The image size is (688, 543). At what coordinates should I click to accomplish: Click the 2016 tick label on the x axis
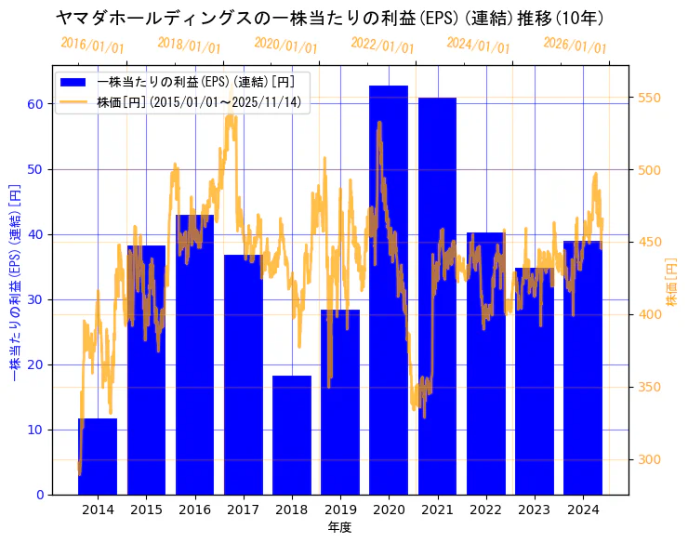[x=194, y=510]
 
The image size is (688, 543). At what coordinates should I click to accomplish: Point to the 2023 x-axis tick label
[x=534, y=510]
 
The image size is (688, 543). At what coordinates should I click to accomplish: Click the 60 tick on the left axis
[x=35, y=104]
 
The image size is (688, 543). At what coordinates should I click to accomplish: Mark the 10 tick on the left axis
[x=35, y=430]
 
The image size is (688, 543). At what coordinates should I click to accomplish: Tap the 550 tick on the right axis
[x=649, y=98]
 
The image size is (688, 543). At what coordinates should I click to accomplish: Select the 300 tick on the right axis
[x=649, y=459]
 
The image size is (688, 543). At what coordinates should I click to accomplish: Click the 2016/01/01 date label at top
[x=92, y=45]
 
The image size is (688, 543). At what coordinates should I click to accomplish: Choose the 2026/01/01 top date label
[x=575, y=45]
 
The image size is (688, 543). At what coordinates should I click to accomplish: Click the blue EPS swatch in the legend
[x=73, y=82]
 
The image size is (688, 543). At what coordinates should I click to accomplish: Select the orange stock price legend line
[x=73, y=101]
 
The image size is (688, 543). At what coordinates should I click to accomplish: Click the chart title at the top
[x=330, y=18]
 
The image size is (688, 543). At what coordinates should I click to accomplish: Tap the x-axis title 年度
[x=340, y=527]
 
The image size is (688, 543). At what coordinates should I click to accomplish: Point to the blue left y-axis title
[x=15, y=282]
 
